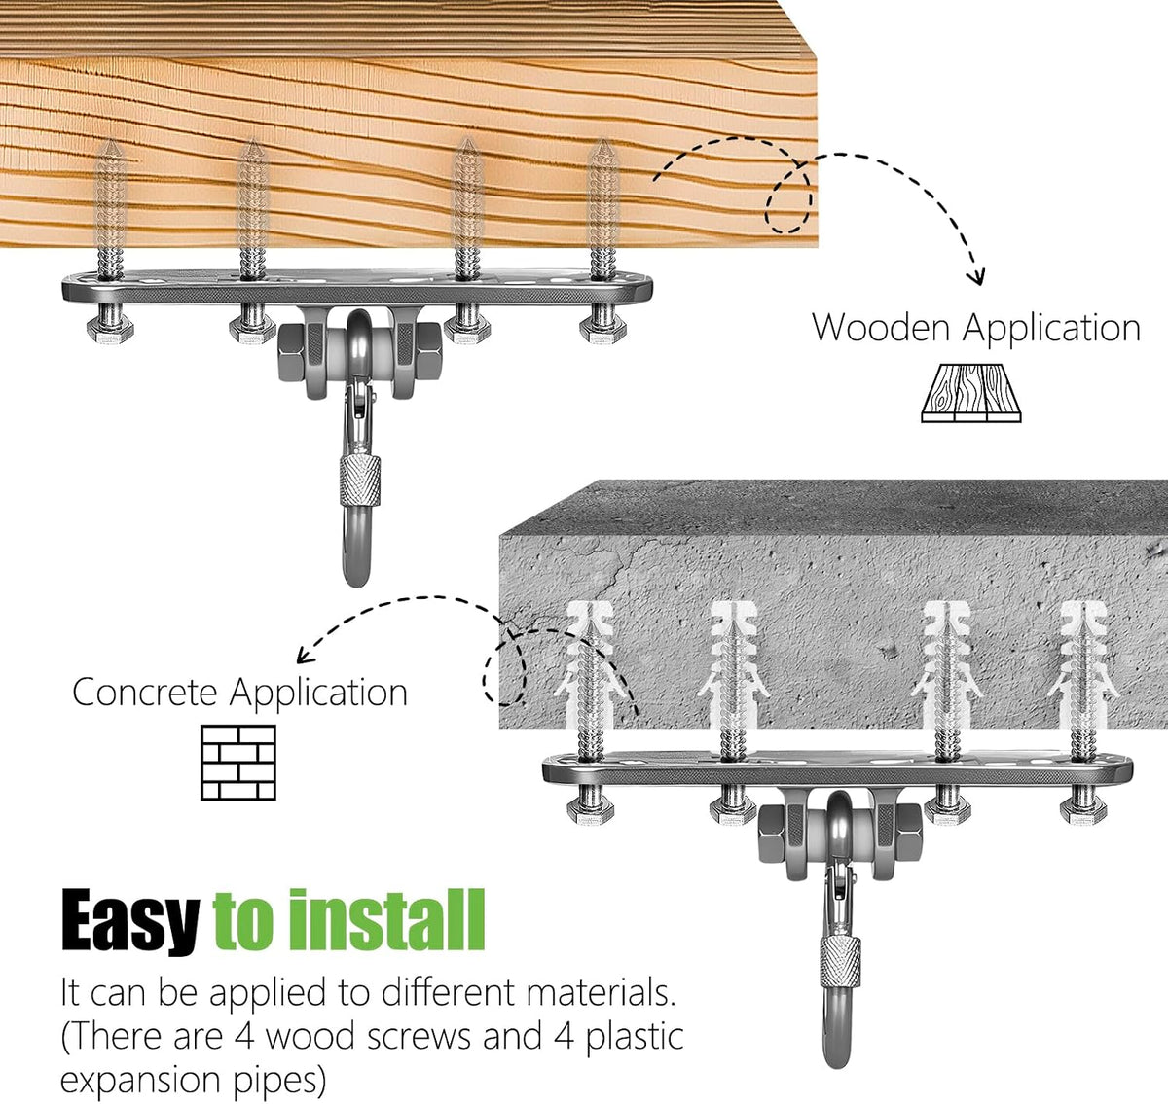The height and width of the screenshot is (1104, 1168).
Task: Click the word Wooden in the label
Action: pyautogui.click(x=882, y=327)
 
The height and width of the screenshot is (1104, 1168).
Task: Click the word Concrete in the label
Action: pyautogui.click(x=145, y=693)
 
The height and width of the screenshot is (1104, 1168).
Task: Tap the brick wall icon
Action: pyautogui.click(x=238, y=763)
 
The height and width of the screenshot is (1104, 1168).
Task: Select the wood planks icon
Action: pyautogui.click(x=971, y=393)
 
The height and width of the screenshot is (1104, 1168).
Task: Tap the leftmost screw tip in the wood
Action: pyautogui.click(x=110, y=141)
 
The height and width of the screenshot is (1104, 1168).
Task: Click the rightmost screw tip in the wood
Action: pyautogui.click(x=603, y=141)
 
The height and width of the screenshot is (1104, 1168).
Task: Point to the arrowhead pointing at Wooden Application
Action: pyautogui.click(x=976, y=277)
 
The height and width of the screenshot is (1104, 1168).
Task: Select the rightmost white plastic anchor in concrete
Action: pyautogui.click(x=1084, y=665)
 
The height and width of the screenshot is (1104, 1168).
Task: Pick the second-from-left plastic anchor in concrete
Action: pyautogui.click(x=734, y=665)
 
